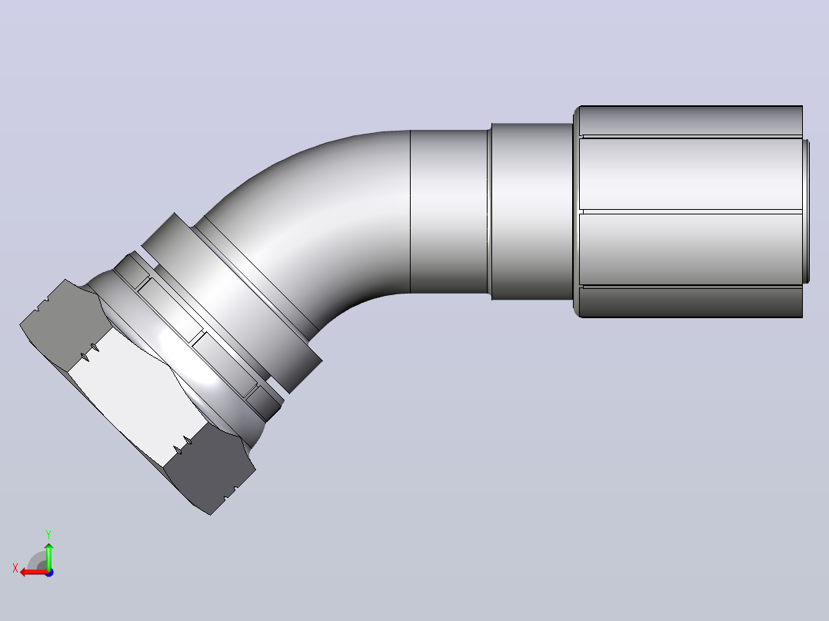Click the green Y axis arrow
pos(48,555)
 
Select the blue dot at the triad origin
pos(49,573)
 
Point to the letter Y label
pos(48,535)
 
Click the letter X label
pos(15,569)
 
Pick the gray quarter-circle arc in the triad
pos(35,560)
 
